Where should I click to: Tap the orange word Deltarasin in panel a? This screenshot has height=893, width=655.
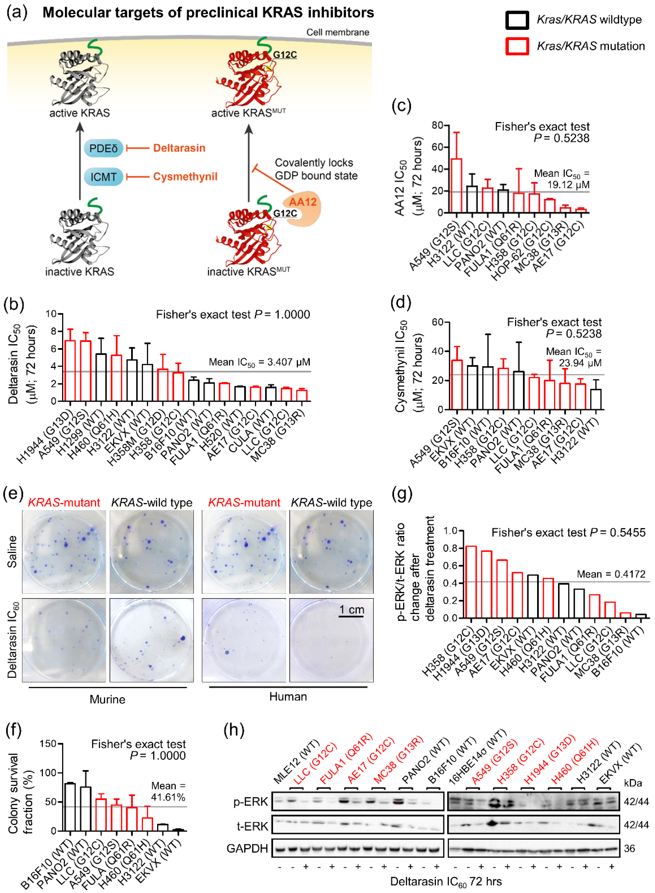179,148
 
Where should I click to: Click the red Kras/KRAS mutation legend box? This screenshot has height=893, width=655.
517,46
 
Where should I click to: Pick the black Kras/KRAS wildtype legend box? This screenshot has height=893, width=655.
517,20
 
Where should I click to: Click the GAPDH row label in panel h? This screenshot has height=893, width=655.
247,849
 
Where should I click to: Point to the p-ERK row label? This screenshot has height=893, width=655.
251,802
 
